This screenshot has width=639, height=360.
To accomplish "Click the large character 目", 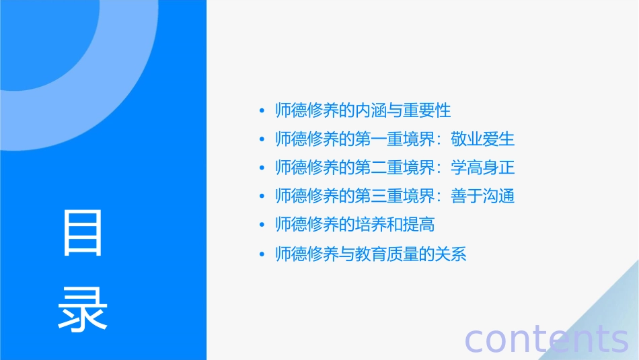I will (83, 233).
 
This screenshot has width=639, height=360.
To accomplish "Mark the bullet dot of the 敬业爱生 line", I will (262, 140).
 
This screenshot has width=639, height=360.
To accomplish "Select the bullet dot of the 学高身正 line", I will (262, 168).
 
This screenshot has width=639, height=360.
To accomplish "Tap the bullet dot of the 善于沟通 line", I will (262, 196).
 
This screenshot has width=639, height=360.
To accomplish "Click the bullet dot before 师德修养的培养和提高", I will (262, 225).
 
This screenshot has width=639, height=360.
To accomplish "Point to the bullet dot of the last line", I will (262, 254).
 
